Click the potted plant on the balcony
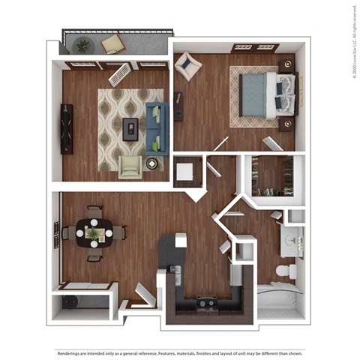(x=82, y=45)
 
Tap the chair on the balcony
(x=113, y=43)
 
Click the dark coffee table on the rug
(x=131, y=128)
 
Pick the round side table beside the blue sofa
(x=153, y=162)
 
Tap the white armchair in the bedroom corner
(x=187, y=66)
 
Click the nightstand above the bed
(x=286, y=64)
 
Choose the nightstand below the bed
(x=286, y=124)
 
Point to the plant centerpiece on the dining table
(x=94, y=233)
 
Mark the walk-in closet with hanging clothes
(x=272, y=175)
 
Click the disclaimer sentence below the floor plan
(x=180, y=352)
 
